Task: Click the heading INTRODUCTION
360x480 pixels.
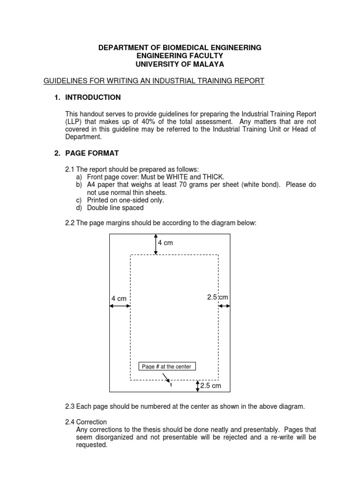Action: (93, 97)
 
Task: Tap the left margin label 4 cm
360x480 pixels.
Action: (119, 299)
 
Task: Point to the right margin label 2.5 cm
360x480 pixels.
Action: (217, 297)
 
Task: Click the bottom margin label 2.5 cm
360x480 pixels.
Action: (210, 386)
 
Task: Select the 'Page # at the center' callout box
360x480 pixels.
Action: (167, 367)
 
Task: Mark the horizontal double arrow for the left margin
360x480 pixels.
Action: (120, 306)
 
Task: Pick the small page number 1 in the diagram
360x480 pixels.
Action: (171, 385)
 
